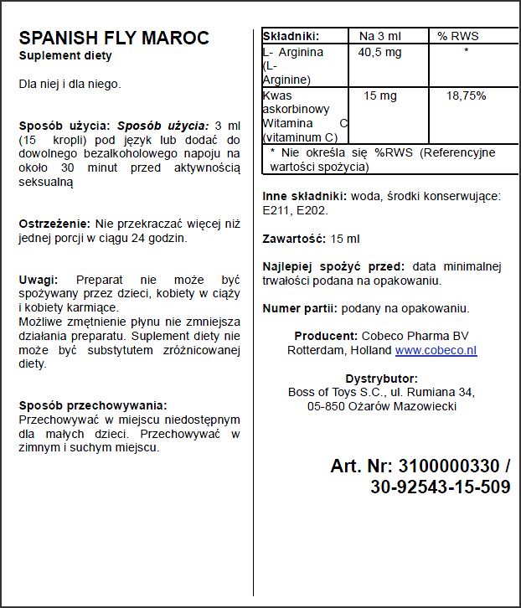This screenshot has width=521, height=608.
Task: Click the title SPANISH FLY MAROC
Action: [114, 39]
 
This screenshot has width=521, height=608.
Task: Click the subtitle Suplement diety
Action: [65, 56]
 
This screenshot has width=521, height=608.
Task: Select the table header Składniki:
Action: [292, 36]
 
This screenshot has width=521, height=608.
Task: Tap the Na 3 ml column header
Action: [380, 36]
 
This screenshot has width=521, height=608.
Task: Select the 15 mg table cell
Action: [380, 96]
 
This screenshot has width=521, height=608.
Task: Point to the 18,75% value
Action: [466, 96]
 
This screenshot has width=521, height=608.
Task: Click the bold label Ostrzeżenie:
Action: [54, 224]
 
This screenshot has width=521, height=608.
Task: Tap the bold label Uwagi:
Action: [39, 280]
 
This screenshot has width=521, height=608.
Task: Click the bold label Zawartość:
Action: [294, 239]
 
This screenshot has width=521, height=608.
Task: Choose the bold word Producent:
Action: [327, 337]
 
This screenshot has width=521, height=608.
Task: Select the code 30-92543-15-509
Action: [440, 487]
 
